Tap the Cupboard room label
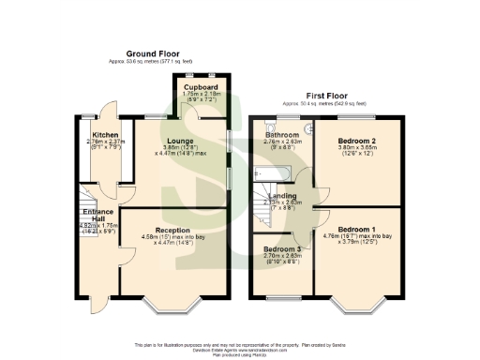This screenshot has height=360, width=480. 201,86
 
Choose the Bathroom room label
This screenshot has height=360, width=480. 281,135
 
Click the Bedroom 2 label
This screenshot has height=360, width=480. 356,140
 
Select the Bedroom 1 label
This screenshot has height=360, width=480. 356,229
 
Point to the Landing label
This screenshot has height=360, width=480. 282,195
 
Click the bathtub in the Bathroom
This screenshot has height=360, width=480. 273,173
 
